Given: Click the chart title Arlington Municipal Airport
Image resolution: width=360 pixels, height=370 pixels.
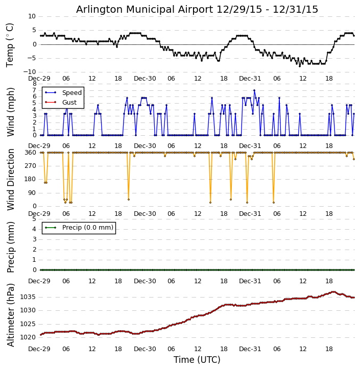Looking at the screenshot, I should pos(197,9).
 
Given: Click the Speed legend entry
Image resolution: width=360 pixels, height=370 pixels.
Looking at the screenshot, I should pos(71,93).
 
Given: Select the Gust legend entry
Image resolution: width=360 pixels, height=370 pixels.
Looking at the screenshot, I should pos(69,103).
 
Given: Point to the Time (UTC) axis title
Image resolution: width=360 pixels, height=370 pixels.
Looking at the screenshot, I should pos(197,360).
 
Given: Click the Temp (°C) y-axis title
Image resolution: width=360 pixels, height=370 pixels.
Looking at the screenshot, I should pos(10,44).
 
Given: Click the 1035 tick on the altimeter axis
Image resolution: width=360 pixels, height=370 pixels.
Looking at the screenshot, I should pos(28,297).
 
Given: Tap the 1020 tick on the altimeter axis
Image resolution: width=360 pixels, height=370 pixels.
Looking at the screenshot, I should pos(28,337).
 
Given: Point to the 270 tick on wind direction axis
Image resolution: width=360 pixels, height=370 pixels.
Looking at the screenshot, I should pos(30,166).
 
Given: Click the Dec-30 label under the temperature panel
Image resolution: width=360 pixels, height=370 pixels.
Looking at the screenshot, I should pos(145,79).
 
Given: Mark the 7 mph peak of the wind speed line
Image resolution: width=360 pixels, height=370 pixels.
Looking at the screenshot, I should pos(254,90).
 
